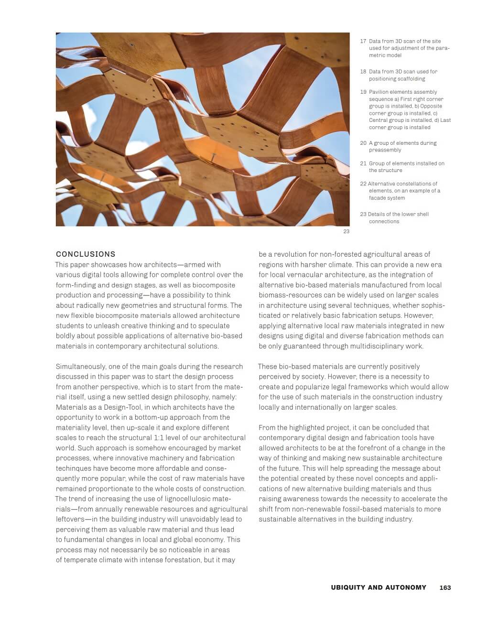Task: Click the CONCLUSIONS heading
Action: pos(86,254)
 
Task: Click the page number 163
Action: pos(445,587)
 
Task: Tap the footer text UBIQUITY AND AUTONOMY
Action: pos(378,587)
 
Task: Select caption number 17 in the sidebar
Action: pos(363,42)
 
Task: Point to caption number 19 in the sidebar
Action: pos(363,92)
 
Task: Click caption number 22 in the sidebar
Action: pos(363,184)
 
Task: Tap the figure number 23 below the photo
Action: pos(346,231)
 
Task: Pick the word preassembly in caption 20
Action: pos(385,150)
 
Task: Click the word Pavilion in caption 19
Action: pos(379,92)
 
